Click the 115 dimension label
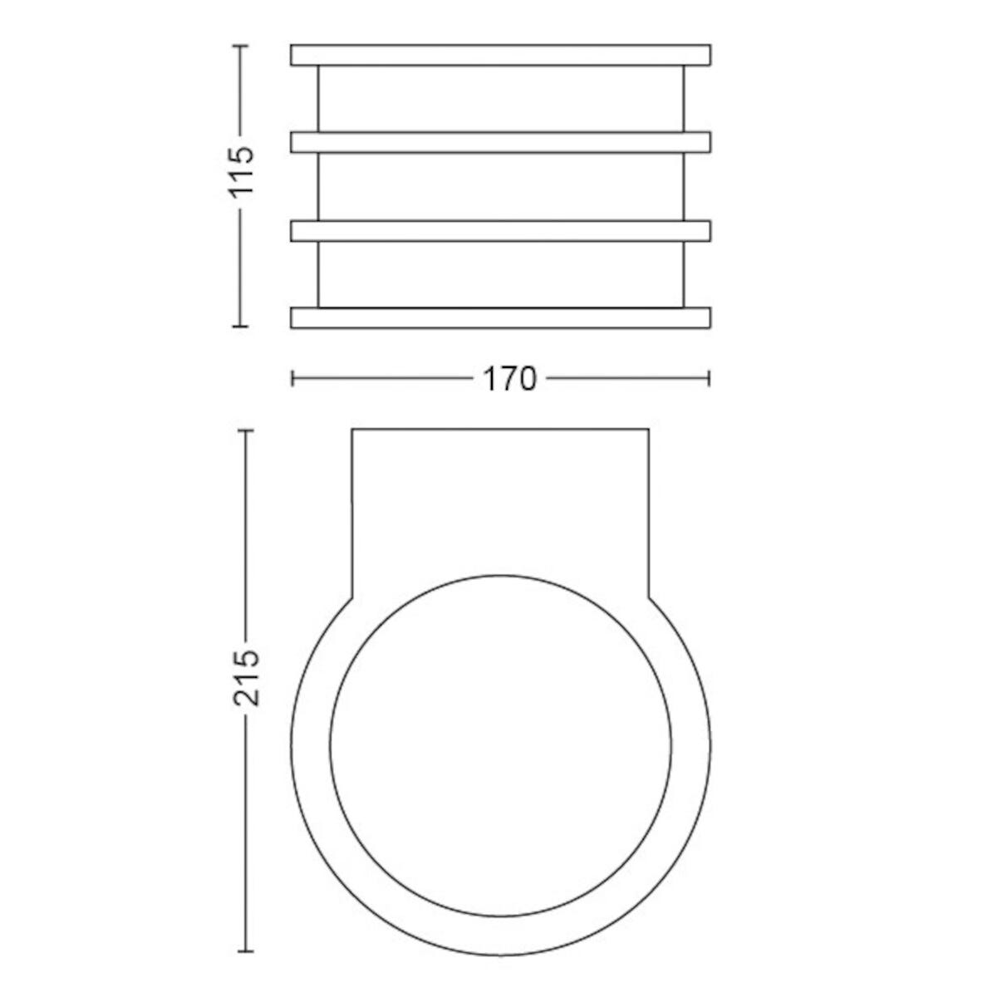242,171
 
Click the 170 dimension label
509,379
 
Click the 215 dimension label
246,677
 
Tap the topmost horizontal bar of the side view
500,56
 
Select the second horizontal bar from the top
500,142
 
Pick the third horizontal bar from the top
500,231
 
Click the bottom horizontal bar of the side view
500,317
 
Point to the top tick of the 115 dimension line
239,46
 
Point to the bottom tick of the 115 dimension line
239,327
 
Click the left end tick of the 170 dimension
292,379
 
